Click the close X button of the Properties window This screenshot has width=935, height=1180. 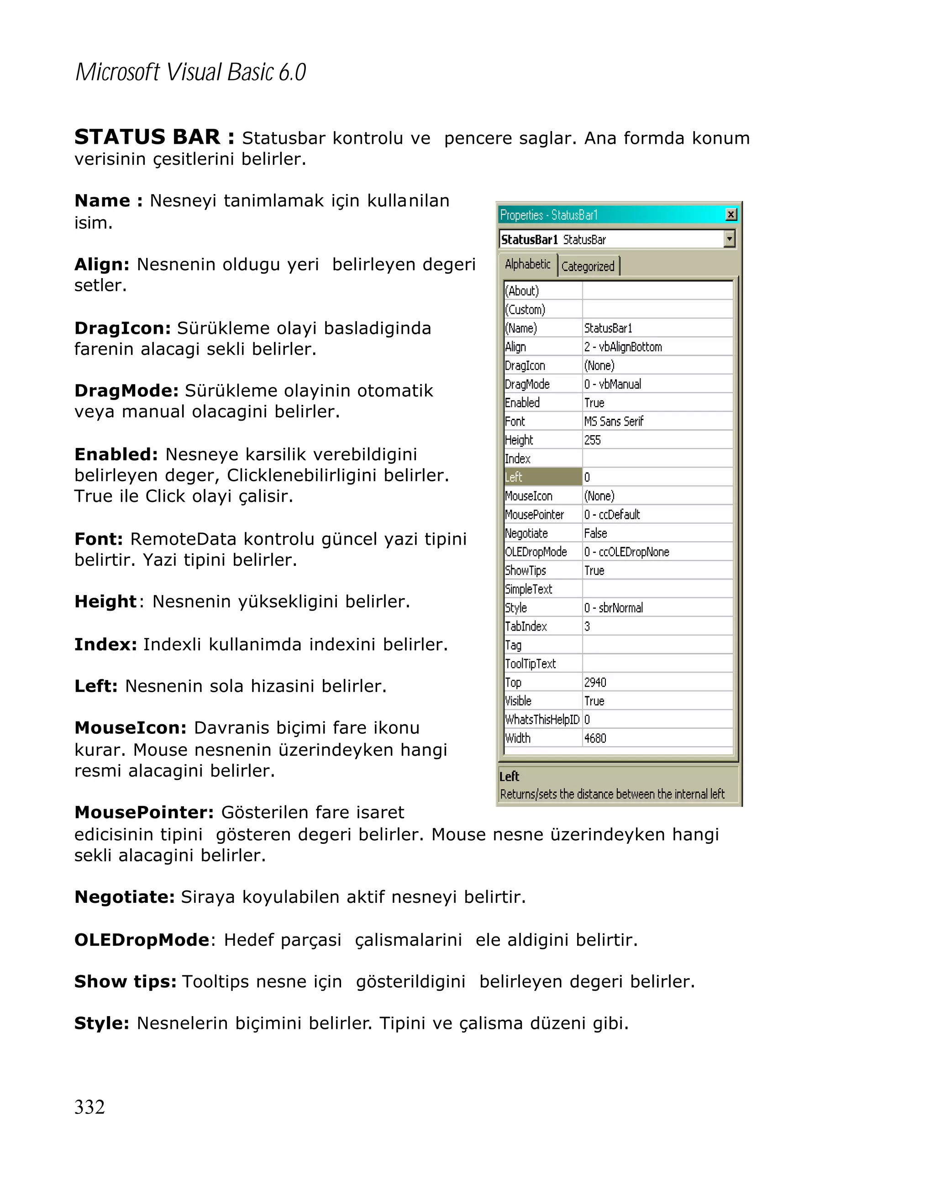730,215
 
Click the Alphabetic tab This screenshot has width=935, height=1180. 527,264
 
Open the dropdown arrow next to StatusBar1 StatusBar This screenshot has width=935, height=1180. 729,239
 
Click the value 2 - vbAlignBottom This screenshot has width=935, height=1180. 623,347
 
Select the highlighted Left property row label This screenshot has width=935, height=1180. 542,477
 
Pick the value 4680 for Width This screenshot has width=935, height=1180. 595,738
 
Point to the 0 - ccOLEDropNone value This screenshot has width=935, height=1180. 626,552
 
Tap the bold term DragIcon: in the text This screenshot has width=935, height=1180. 122,328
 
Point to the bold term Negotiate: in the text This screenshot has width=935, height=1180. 124,897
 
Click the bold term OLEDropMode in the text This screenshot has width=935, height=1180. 142,940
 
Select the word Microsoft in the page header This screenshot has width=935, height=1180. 117,73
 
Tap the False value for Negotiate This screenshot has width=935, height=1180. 595,533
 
